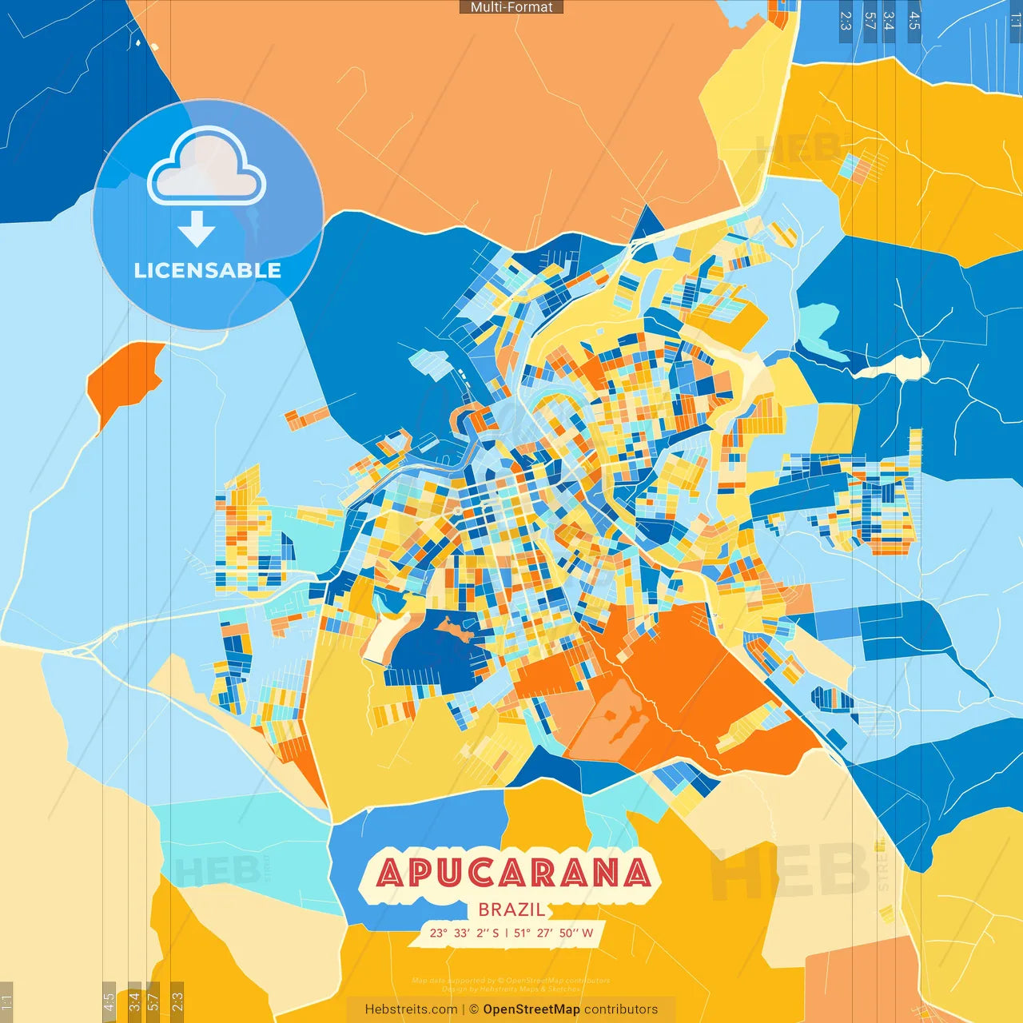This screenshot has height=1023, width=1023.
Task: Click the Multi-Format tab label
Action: tap(511, 7)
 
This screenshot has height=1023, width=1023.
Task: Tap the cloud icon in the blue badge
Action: tap(207, 169)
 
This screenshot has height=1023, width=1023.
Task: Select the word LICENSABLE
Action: tap(208, 271)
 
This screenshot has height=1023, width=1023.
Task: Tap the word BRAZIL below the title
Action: tap(511, 910)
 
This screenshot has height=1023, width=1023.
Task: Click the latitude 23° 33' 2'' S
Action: tap(464, 933)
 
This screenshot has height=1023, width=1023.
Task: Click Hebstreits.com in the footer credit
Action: tap(411, 1009)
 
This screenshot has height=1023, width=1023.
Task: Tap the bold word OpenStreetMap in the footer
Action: tap(531, 1009)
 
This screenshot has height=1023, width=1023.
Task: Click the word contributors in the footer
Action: tap(621, 1009)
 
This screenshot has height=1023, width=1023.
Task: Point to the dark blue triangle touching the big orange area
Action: tap(648, 225)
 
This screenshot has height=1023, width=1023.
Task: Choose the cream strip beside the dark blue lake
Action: tap(382, 635)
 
